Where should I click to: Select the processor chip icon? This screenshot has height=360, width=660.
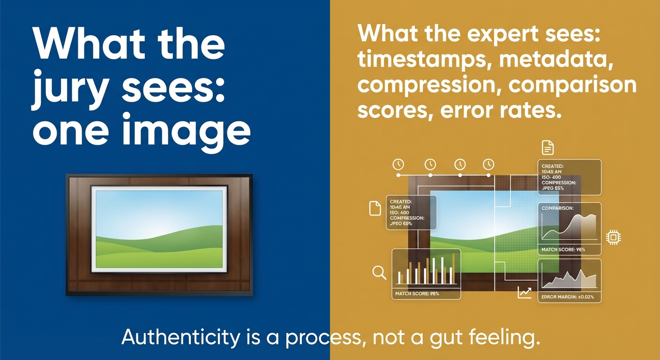(613, 237)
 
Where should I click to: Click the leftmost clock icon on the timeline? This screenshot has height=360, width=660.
(398, 164)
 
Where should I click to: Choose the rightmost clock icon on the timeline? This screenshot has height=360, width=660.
(489, 164)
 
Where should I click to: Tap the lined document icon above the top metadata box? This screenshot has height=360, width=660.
(547, 147)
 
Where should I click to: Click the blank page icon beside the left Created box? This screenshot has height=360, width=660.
(375, 208)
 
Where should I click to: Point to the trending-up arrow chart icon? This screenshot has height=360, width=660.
(525, 293)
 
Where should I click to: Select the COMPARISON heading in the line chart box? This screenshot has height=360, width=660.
(557, 208)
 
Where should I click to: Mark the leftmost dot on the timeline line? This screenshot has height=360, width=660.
(398, 175)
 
